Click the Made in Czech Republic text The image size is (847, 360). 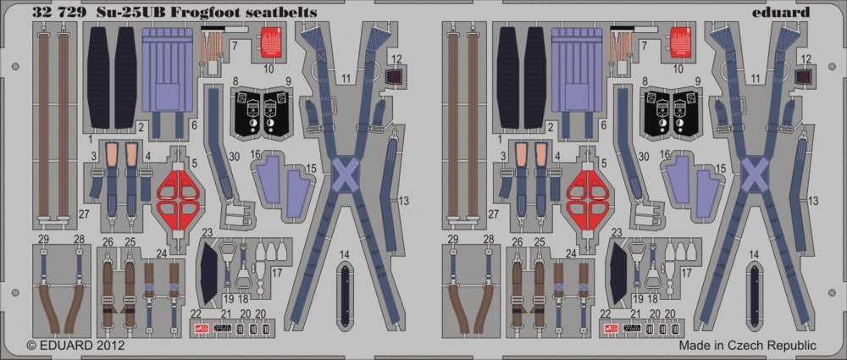(x=748, y=346)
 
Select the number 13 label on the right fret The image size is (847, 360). (x=812, y=200)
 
